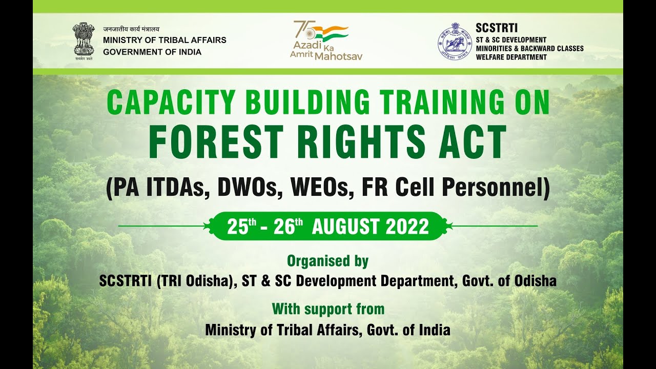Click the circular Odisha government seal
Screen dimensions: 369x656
coord(454,41)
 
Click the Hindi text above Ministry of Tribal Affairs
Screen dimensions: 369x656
coord(131,29)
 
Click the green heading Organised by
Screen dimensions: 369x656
coord(327,261)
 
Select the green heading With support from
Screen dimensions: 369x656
coord(328,309)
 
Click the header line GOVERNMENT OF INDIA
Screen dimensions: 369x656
coord(152,52)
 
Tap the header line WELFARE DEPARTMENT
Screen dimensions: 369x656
coord(511,57)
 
